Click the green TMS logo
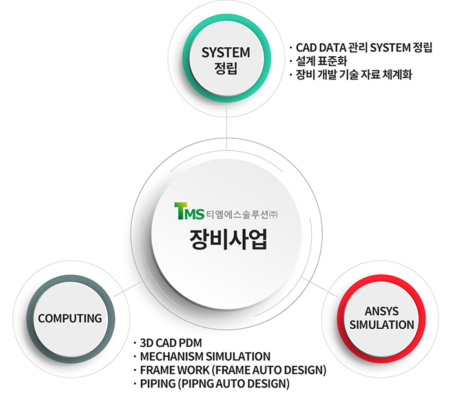coord(189,211)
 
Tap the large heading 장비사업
coord(229,240)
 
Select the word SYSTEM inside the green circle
coord(226,52)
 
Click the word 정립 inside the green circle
coord(226,68)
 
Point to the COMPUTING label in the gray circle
coord(70,318)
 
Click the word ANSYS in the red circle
coord(382,311)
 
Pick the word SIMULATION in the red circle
coord(382,325)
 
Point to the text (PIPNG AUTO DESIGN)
coord(234,384)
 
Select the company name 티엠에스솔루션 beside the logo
coord(238,214)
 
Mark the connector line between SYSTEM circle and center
coord(227,129)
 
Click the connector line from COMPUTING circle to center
coord(133,286)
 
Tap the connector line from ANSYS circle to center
coord(320,287)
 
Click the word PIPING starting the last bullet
coord(158,384)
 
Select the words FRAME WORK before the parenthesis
coord(175,370)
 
